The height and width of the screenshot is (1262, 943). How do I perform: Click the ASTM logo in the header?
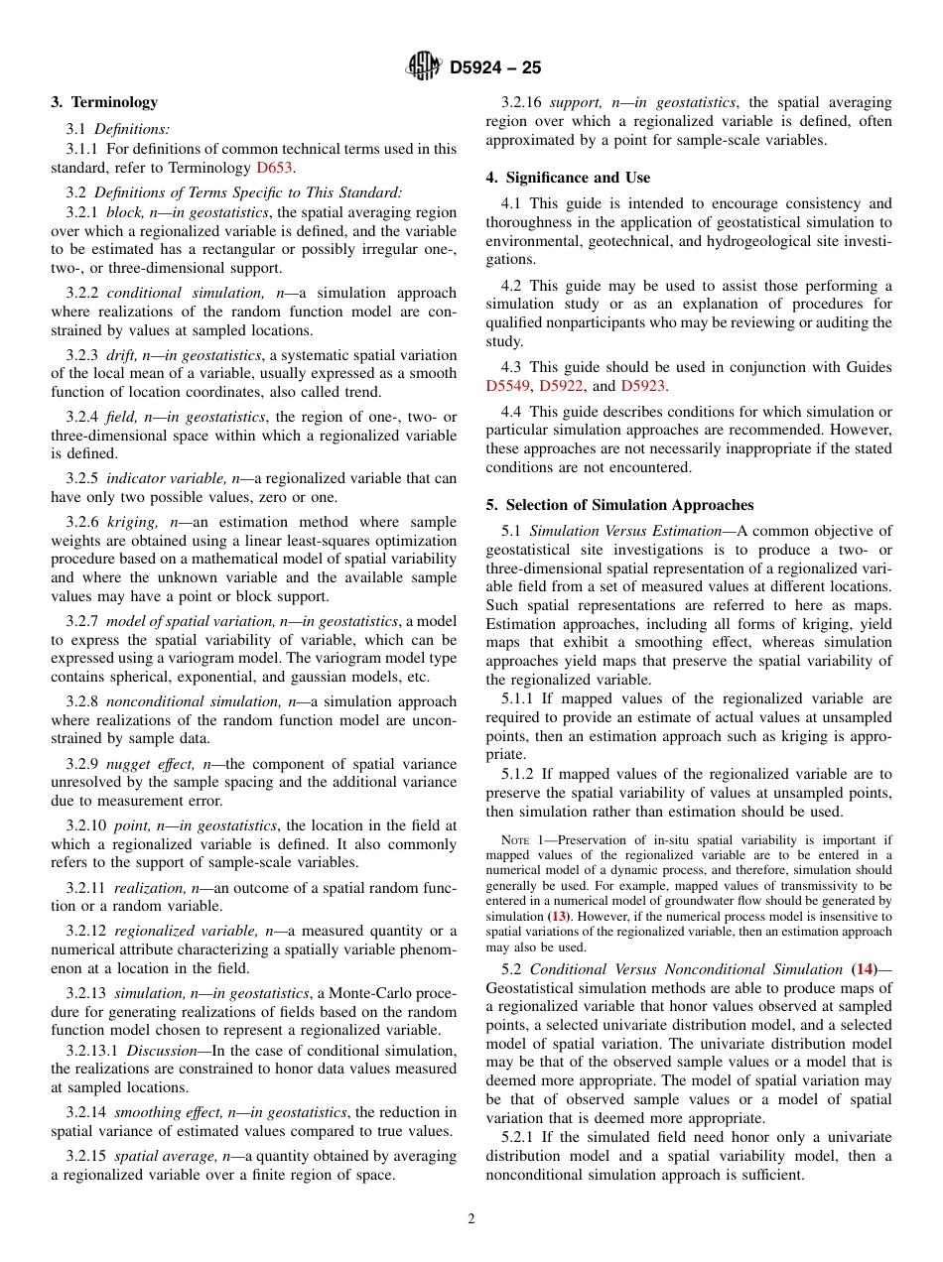pos(424,67)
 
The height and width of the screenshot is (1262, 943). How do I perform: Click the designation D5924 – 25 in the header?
pos(495,68)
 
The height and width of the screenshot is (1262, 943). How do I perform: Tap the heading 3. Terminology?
pos(104,102)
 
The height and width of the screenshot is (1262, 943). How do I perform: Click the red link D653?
pos(274,168)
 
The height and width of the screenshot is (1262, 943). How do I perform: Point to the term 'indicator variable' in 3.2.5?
pos(149,478)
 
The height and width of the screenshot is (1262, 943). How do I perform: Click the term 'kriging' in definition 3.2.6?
pos(131,522)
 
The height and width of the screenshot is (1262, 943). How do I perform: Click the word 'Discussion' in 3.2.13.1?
pos(161,1051)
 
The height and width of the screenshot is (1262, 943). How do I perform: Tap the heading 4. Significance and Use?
pos(568,178)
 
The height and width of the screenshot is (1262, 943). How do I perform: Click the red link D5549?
pos(508,386)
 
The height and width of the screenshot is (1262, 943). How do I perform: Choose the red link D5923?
pos(642,386)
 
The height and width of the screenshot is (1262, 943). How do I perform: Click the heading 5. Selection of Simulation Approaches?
pos(619,505)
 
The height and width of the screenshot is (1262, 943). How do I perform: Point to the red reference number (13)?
pos(560,916)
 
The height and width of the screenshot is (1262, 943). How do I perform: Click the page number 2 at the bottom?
pos(471,1219)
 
